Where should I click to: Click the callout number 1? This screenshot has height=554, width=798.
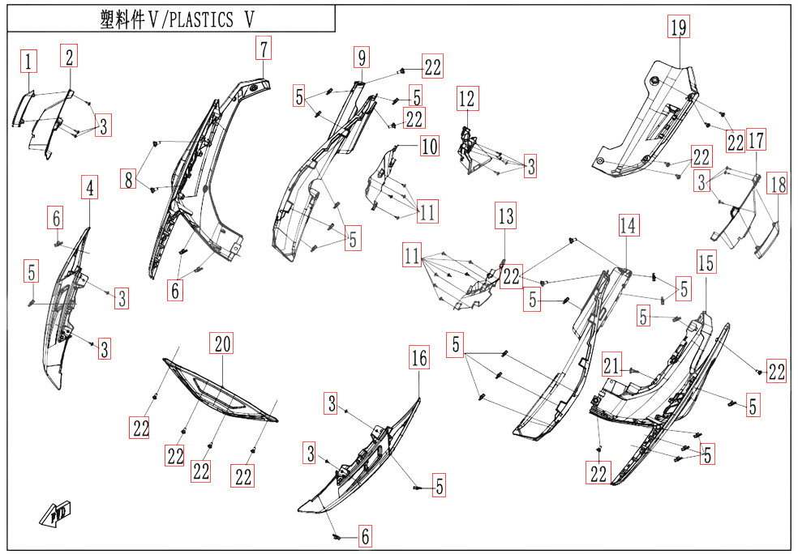(28, 61)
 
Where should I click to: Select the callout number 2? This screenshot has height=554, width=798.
(70, 56)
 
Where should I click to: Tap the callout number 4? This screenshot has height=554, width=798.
(90, 189)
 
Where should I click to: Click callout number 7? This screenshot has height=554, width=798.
(263, 48)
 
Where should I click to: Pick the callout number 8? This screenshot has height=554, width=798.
(128, 180)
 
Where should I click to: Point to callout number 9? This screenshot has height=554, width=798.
(362, 57)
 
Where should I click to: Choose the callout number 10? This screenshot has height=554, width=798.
(428, 147)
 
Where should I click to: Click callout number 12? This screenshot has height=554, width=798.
(467, 99)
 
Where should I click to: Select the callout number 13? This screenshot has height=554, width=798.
(506, 216)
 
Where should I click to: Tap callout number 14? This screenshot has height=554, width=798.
(628, 226)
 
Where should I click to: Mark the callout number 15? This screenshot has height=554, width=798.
(706, 262)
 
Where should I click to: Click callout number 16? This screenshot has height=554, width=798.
(418, 358)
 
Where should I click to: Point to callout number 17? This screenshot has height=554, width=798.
(756, 141)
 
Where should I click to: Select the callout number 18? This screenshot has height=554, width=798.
(777, 185)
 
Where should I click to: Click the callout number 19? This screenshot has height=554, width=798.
(678, 28)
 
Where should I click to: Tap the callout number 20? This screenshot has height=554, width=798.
(222, 343)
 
